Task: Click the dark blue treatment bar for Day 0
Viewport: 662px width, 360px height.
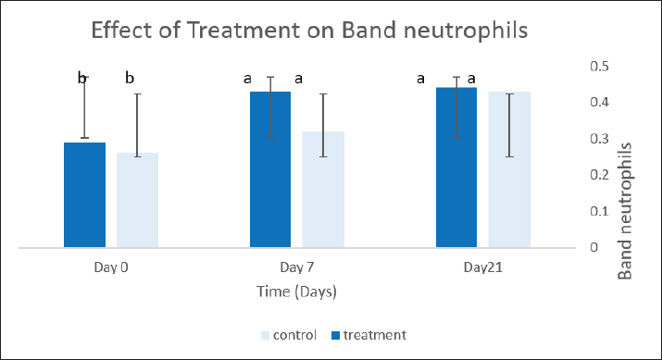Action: click(84, 195)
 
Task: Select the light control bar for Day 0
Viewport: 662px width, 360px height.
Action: click(138, 200)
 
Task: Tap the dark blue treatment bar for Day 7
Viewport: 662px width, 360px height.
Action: click(270, 169)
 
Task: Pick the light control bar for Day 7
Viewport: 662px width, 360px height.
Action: click(323, 190)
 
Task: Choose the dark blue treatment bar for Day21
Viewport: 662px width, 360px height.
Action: click(456, 168)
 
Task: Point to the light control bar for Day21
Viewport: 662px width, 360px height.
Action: click(509, 169)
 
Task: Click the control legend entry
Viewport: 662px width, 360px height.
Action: click(289, 335)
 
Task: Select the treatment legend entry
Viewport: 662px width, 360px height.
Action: click(368, 335)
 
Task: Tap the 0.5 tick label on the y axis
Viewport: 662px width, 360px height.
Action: click(599, 67)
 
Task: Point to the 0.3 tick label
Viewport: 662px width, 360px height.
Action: click(599, 139)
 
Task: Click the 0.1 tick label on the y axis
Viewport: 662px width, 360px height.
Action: click(599, 211)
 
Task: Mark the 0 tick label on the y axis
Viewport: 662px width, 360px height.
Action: click(594, 247)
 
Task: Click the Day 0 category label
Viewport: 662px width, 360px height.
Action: click(111, 267)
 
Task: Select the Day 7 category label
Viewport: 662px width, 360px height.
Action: click(297, 267)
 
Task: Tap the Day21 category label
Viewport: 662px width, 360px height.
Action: click(483, 267)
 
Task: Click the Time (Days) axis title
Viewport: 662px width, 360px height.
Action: click(297, 292)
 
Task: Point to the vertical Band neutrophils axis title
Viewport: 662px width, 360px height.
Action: click(625, 211)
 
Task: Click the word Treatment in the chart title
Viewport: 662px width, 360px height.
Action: click(243, 31)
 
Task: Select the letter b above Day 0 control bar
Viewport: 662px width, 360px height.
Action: click(130, 78)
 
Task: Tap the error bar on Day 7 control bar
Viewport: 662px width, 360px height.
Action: click(323, 125)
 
